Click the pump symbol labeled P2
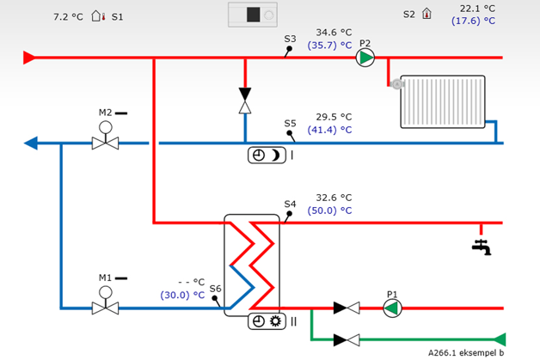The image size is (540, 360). point(366,58)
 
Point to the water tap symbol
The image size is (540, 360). point(482,246)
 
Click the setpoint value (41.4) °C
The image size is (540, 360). point(330,130)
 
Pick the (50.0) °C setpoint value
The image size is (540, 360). point(330,211)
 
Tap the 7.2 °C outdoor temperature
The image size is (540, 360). point(69,16)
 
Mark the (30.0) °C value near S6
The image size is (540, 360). point(183,295)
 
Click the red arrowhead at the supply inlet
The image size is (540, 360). point(28,58)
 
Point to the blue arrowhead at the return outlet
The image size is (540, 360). point(31,143)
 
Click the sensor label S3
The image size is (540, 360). point(290,39)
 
